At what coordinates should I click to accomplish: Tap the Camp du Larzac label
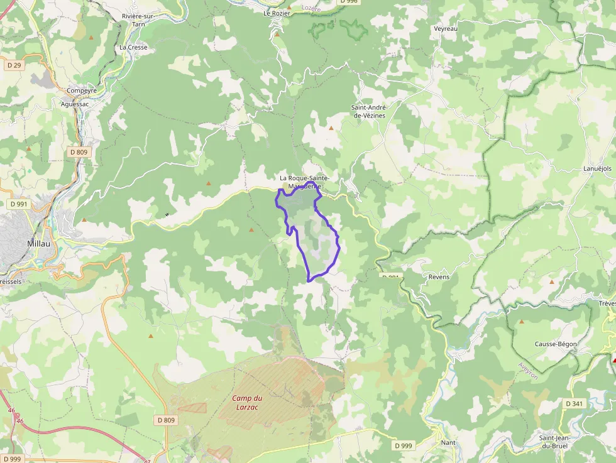coord(246,402)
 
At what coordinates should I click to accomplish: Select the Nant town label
coord(448,442)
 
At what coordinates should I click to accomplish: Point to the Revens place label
coord(439,276)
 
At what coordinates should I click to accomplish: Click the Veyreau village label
coord(446,28)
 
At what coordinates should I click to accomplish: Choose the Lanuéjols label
coord(597,168)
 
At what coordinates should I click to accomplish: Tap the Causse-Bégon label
coord(555,344)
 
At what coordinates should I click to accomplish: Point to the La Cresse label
coord(133,47)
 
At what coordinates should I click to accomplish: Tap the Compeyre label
coord(82,90)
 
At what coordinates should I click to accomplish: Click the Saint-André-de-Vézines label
coord(368,111)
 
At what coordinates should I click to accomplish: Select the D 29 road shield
coord(14,65)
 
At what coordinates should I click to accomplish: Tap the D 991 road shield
coord(19,204)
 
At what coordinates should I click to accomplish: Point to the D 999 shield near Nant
coord(404,445)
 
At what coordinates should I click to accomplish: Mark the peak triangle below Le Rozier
coord(277,34)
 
